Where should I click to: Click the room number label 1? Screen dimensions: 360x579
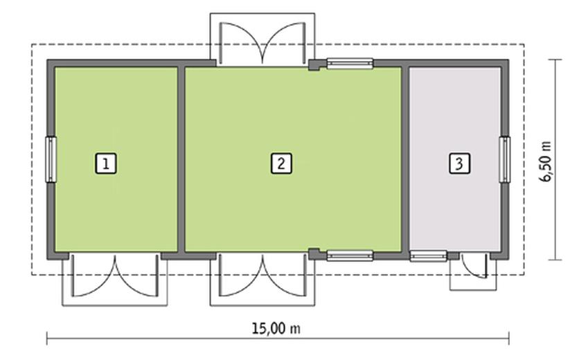[x=105, y=163]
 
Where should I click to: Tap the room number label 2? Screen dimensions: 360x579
[x=280, y=163]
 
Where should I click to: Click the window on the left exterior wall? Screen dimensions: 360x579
[x=51, y=159]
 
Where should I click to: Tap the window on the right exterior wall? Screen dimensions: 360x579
[x=505, y=159]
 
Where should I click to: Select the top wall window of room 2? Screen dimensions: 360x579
[x=350, y=64]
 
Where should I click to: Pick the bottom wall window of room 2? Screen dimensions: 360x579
[x=350, y=255]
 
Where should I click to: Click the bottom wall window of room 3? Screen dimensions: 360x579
[x=428, y=256]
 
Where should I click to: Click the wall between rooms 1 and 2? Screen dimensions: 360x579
[x=181, y=159]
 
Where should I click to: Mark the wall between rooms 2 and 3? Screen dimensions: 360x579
[x=405, y=159]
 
